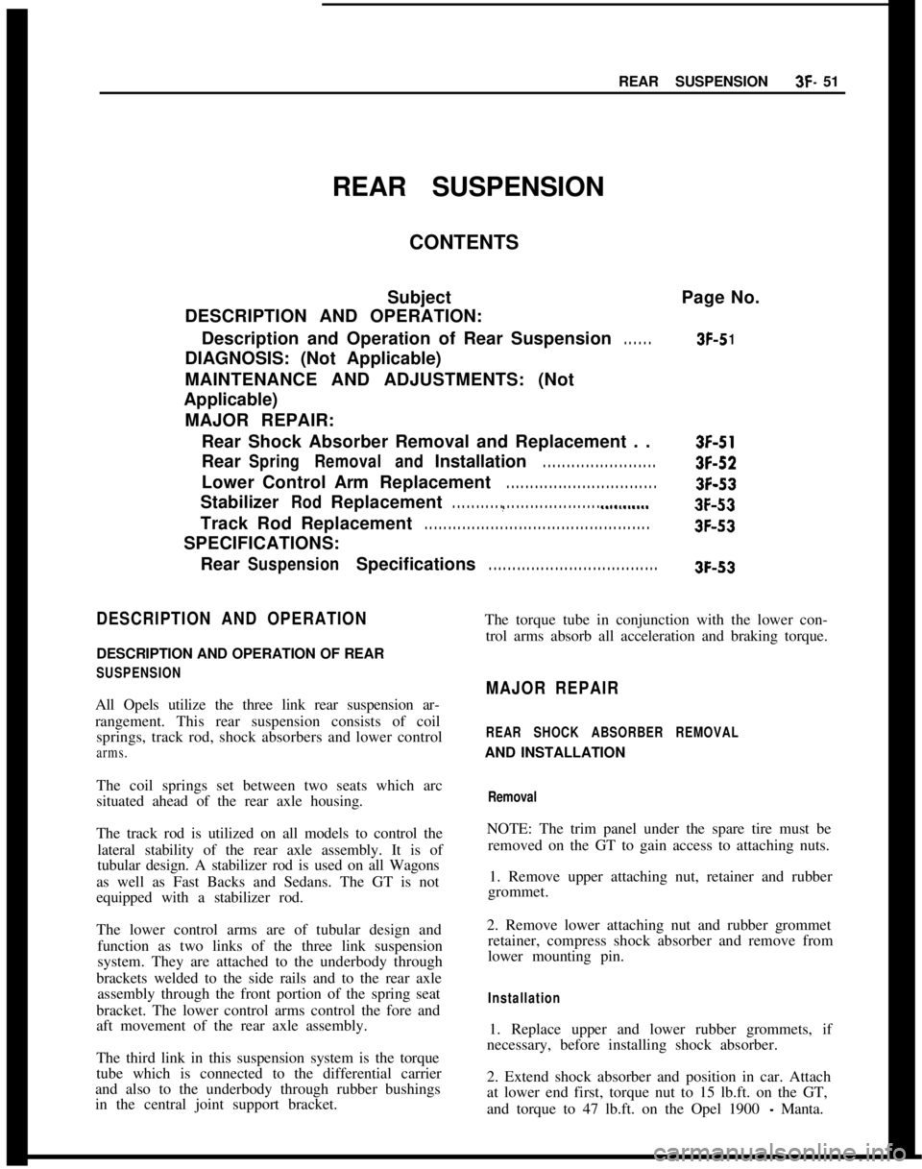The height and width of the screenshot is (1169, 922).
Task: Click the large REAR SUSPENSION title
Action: [x=468, y=187]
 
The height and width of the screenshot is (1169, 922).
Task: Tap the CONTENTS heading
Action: [x=464, y=242]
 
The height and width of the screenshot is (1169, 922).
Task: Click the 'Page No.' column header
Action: [x=720, y=298]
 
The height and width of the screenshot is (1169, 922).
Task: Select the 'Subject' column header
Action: [x=419, y=298]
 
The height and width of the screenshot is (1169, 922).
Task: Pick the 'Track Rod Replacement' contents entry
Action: [x=306, y=524]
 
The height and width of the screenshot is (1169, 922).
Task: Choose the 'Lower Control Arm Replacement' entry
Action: [x=346, y=482]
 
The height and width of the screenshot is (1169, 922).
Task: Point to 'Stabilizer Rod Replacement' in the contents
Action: [x=321, y=502]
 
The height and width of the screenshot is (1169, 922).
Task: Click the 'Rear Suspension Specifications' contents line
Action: [x=338, y=565]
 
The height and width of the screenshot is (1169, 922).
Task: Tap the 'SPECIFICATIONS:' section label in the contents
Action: [x=262, y=544]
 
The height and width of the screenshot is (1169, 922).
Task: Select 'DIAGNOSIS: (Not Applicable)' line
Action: [x=312, y=359]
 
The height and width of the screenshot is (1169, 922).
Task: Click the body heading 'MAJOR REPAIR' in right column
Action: [x=552, y=690]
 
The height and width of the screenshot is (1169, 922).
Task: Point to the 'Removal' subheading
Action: [x=512, y=797]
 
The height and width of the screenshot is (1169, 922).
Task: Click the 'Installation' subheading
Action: [x=523, y=998]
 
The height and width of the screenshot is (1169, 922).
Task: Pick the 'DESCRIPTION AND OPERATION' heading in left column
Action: [x=231, y=619]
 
